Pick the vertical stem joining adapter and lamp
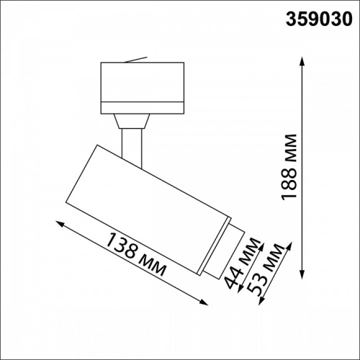(x=132, y=140)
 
